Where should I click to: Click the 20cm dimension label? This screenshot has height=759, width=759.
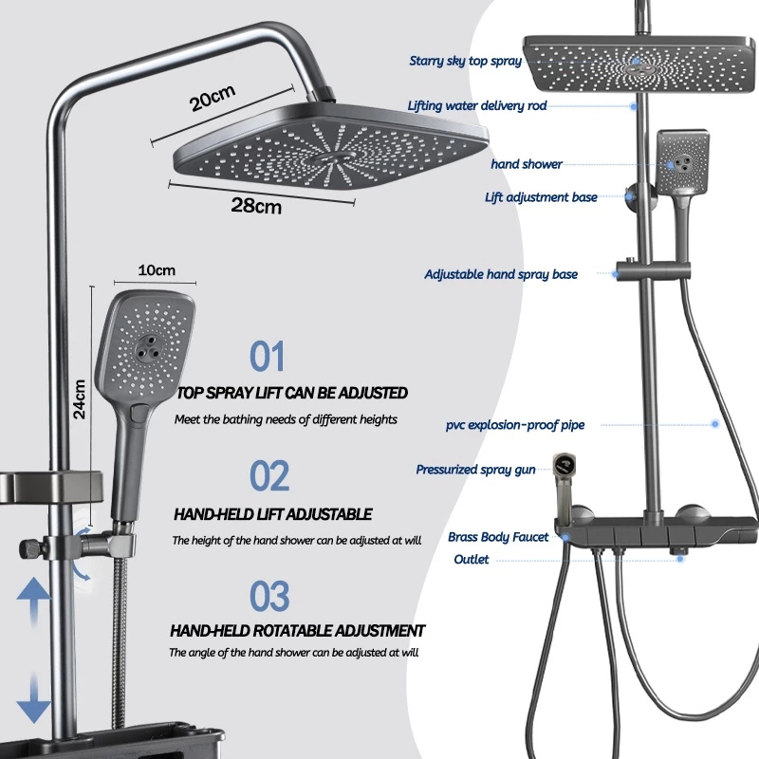213,98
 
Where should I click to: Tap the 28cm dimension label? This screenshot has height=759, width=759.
256,206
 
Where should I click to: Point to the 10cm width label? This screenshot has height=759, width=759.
157,270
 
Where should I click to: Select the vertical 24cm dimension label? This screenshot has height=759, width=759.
80,398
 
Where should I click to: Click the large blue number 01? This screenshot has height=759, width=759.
267,356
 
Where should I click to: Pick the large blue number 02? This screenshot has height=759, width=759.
269,475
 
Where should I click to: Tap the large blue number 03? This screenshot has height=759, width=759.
269,596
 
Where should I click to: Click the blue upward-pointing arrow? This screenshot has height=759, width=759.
33,600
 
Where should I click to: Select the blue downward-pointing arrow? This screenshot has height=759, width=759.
33,697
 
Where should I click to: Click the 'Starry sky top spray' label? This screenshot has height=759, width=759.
465,61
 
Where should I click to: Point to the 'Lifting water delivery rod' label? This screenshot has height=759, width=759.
477,105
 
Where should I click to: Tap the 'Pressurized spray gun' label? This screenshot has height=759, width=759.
476,470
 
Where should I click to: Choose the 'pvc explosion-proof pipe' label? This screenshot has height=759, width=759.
515,425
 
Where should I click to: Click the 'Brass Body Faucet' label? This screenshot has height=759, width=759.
498,537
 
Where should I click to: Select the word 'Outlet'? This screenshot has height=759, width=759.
472,559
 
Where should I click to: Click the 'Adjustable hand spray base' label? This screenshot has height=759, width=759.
501,274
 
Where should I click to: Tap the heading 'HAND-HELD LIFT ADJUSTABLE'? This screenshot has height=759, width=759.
272,514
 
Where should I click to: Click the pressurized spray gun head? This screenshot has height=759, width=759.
565,466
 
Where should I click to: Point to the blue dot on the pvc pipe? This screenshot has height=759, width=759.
715,424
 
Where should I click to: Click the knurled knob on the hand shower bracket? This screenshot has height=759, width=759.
28,549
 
